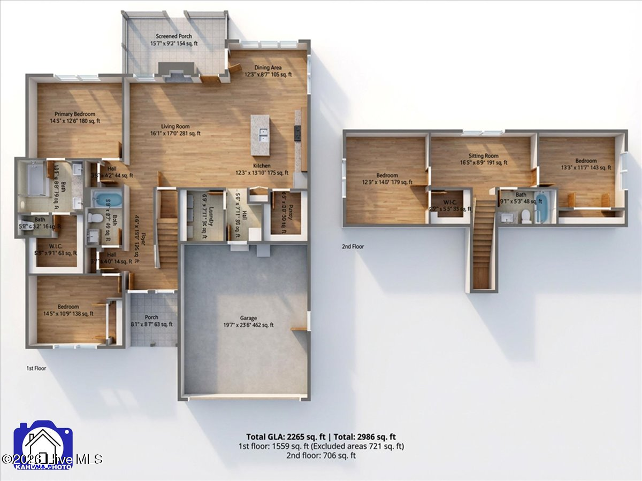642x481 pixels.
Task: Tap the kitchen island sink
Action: point(261,134)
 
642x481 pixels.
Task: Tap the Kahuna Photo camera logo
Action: point(44,445)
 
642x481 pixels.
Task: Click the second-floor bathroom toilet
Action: point(526,215)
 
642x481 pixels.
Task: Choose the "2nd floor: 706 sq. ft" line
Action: point(320,455)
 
